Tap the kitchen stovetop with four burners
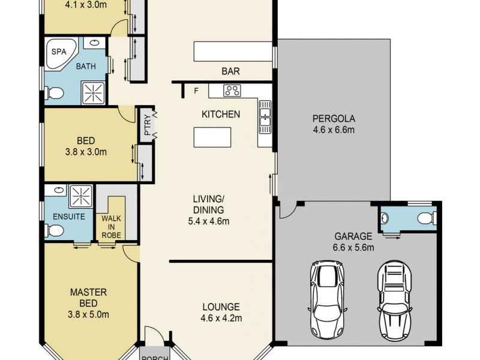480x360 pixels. pyautogui.click(x=232, y=91)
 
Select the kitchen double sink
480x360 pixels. pyautogui.click(x=265, y=116)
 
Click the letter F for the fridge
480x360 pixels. pyautogui.click(x=196, y=91)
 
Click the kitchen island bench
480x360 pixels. pyautogui.click(x=213, y=137)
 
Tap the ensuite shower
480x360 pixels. pyautogui.click(x=79, y=195)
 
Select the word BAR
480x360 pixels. pyautogui.click(x=230, y=71)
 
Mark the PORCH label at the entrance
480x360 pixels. pyautogui.click(x=152, y=356)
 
